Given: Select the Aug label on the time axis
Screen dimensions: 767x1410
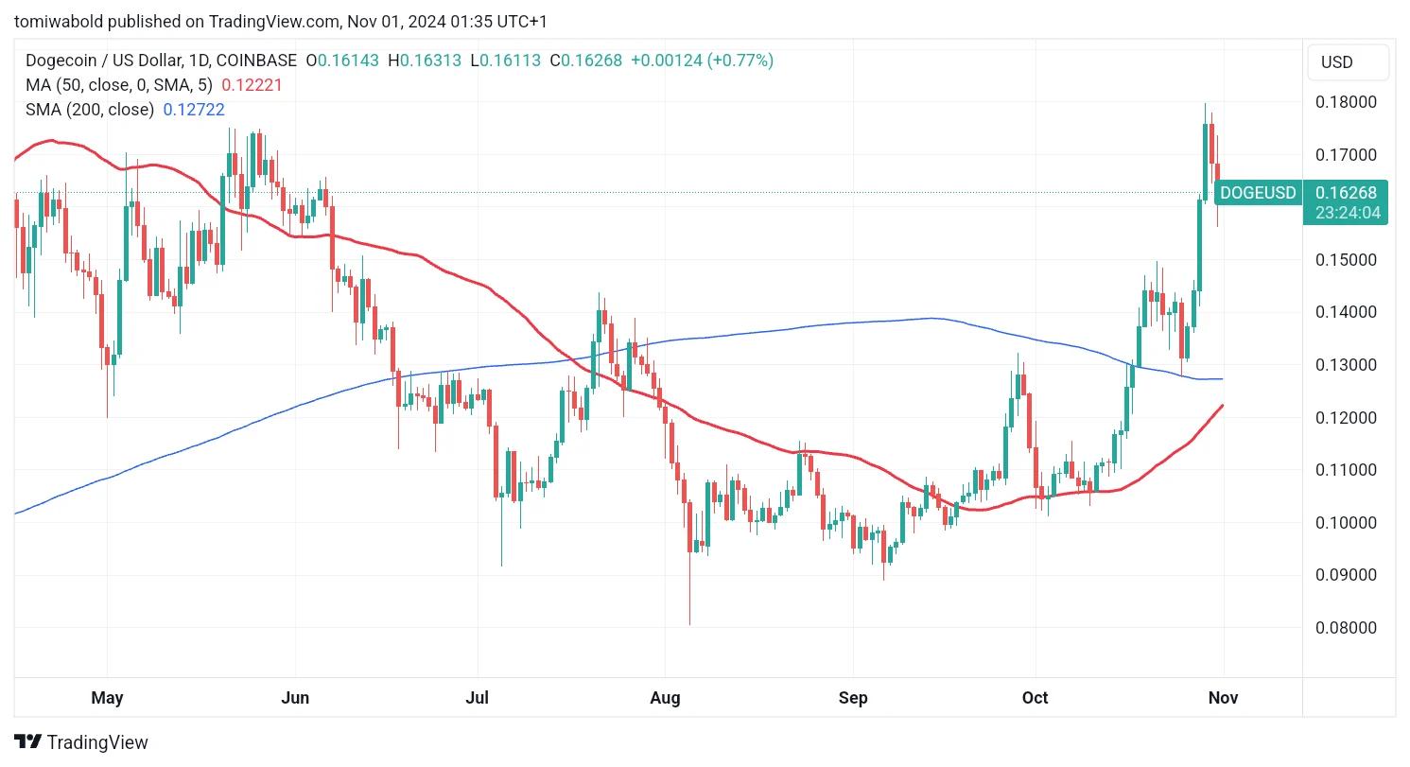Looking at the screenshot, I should [666, 698].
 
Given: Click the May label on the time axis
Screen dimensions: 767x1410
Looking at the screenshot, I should [107, 698].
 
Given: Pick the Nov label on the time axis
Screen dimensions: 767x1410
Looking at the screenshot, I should [1223, 698].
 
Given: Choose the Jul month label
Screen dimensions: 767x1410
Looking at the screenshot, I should [477, 698].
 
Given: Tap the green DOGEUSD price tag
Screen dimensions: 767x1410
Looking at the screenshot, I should [1257, 193].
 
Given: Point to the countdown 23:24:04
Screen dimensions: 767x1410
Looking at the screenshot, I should [1347, 213].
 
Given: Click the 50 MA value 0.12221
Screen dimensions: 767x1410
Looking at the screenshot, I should [252, 85].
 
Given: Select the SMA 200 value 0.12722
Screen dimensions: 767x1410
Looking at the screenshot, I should [194, 110].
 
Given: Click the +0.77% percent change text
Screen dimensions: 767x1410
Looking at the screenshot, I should [745, 61].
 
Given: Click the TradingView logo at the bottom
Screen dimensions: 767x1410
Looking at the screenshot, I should [81, 742].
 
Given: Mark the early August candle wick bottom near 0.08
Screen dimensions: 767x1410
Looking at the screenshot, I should [689, 623].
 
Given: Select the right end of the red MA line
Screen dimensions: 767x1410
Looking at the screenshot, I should [1223, 406].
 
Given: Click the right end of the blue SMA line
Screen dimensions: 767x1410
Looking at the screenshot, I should [1222, 379].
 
